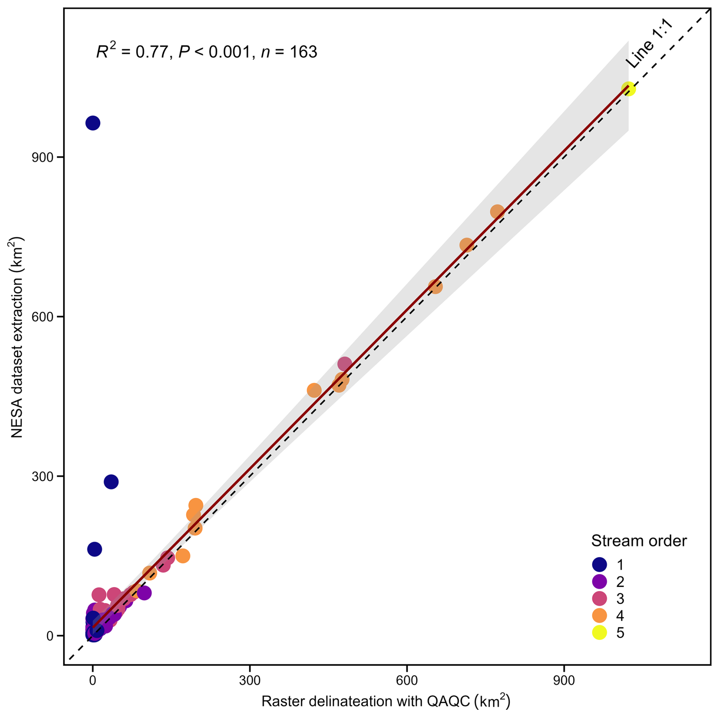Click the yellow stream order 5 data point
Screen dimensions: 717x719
click(629, 89)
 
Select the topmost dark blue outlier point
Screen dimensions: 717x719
click(93, 123)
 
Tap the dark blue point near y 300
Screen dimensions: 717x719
click(111, 482)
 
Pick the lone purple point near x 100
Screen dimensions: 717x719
click(144, 593)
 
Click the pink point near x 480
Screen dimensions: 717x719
click(344, 364)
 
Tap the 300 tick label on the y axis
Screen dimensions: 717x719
click(42, 476)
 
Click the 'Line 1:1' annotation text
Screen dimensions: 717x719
click(649, 44)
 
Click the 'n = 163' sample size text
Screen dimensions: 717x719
click(289, 52)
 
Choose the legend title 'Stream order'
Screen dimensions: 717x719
click(639, 541)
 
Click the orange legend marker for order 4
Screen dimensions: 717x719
click(599, 615)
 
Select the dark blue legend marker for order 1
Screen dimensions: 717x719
click(599, 565)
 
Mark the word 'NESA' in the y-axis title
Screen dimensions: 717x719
click(17, 424)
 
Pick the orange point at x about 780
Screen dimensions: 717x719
click(497, 212)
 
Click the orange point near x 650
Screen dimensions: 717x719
click(435, 287)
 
